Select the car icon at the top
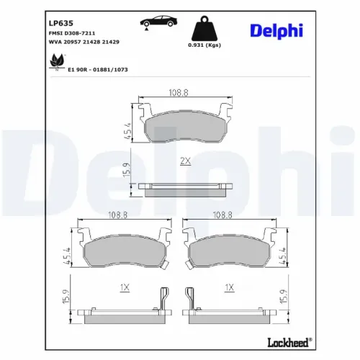[148, 21]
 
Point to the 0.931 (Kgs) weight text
[204, 45]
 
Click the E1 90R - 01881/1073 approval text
[98, 70]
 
